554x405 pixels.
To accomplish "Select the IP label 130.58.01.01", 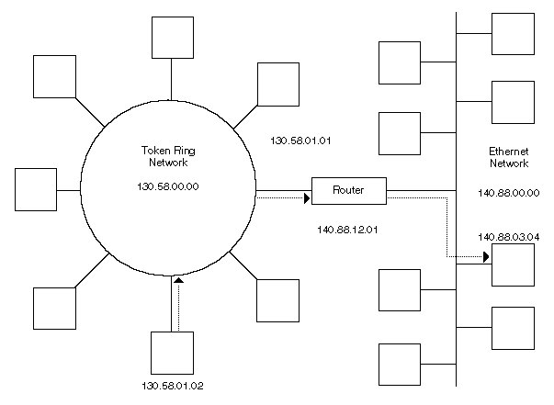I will (300, 141).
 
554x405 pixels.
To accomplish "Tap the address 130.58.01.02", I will (172, 383).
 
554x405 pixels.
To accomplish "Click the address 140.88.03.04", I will (508, 236).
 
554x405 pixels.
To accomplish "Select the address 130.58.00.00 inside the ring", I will (167, 186).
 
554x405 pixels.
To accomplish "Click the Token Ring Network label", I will (167, 156).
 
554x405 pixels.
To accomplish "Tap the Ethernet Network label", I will (509, 156).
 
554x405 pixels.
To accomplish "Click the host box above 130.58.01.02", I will (172, 351).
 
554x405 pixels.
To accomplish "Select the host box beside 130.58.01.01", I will (278, 84).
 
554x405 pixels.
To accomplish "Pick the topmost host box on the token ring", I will (172, 36).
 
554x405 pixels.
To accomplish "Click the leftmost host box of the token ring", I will (38, 190).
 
